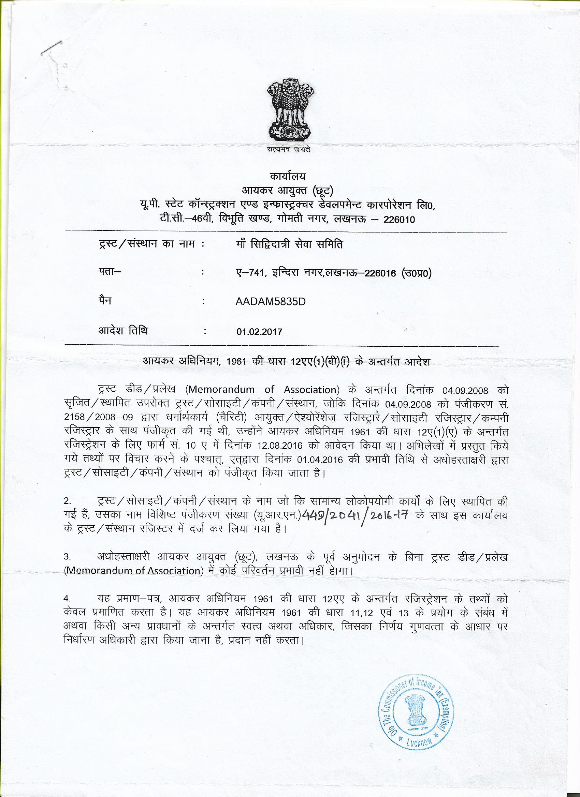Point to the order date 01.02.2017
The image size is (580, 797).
(260, 332)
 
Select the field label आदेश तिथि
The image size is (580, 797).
(123, 331)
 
